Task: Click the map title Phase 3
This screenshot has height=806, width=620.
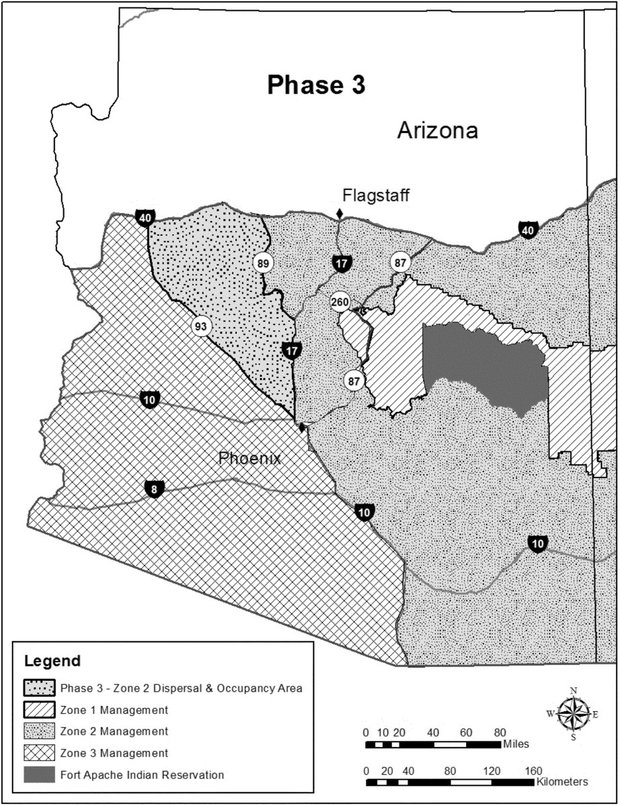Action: click(x=315, y=86)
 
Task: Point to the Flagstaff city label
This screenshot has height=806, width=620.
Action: click(x=375, y=195)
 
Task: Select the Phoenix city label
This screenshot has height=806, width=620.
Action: click(x=249, y=459)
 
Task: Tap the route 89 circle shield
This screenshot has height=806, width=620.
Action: click(x=262, y=263)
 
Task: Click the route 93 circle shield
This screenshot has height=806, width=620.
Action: click(x=200, y=326)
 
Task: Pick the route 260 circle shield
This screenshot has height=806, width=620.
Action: click(x=340, y=302)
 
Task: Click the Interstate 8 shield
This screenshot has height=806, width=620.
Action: click(x=154, y=489)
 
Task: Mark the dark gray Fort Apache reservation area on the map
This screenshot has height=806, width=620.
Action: click(x=484, y=363)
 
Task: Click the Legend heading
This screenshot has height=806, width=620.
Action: click(x=52, y=660)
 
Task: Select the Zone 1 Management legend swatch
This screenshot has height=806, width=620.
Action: click(x=39, y=710)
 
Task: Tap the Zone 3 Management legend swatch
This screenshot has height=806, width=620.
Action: click(x=39, y=753)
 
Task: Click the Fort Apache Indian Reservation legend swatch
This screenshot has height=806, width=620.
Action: click(x=39, y=774)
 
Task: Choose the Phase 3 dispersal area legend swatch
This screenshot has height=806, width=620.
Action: click(x=39, y=688)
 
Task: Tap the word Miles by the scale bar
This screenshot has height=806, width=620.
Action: click(x=516, y=744)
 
